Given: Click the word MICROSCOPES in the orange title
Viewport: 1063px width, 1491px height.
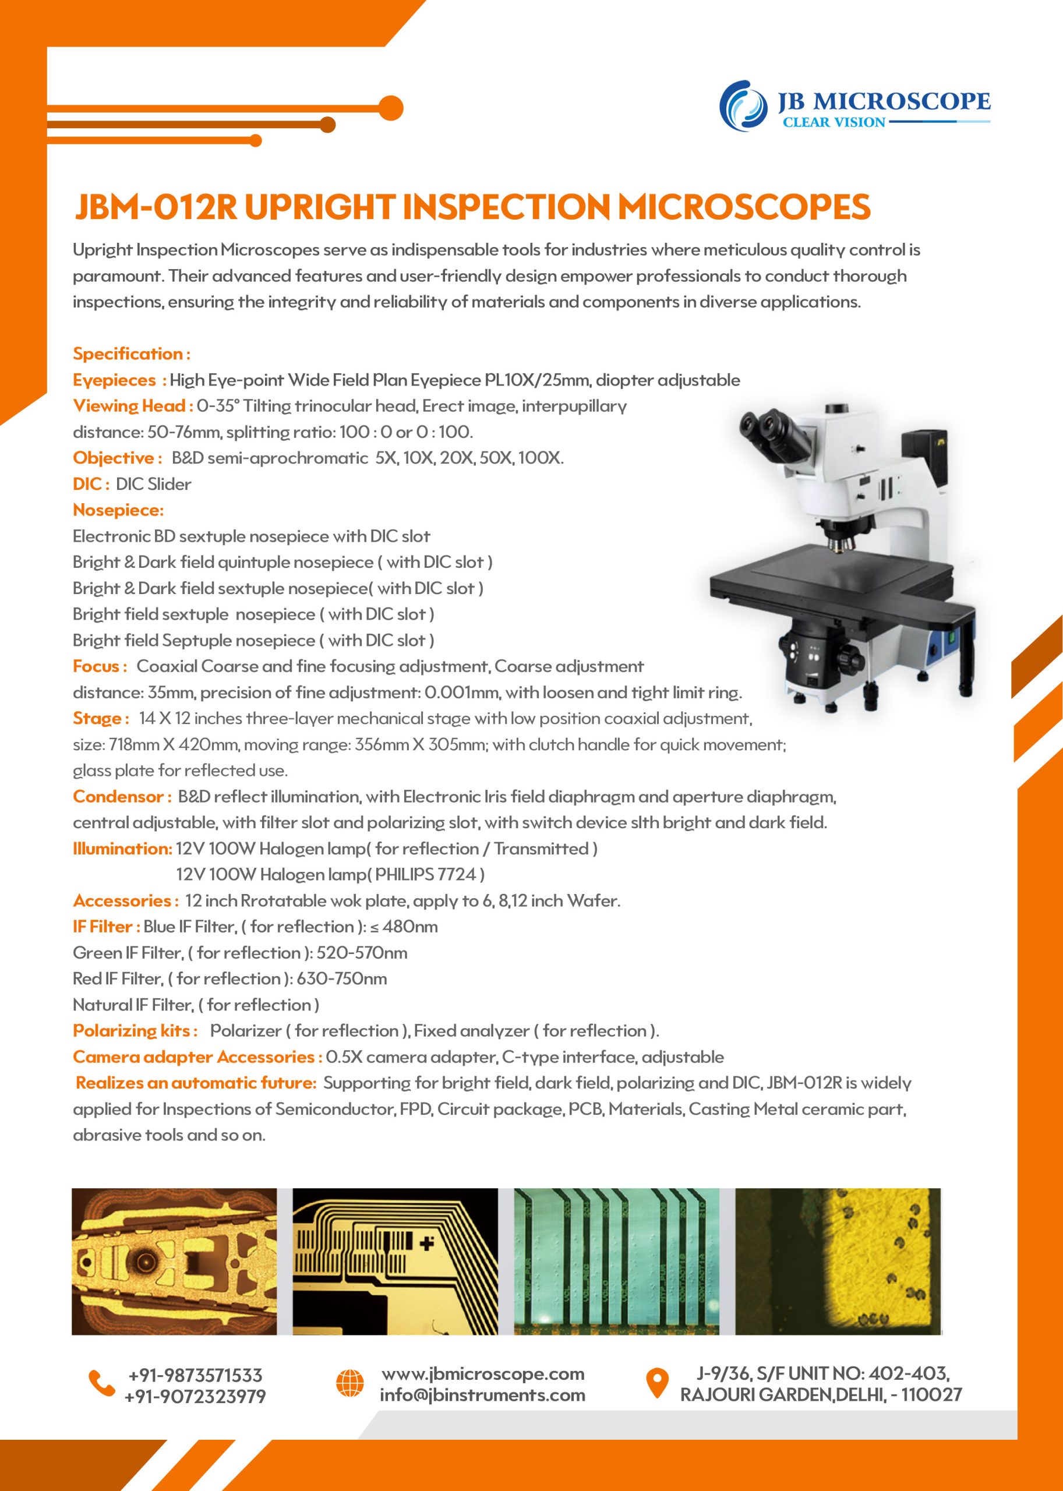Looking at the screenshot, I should click(744, 207).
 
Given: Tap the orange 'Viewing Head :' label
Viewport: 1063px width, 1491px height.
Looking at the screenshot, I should click(133, 407).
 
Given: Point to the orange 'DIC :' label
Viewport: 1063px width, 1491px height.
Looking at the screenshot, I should click(91, 485).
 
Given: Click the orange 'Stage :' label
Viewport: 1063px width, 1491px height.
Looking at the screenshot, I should click(101, 719).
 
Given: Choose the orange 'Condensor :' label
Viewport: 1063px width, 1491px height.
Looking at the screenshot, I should click(122, 797).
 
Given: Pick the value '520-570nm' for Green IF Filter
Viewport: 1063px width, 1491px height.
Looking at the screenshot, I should click(362, 953).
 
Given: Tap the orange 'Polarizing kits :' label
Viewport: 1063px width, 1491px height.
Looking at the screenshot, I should click(135, 1031).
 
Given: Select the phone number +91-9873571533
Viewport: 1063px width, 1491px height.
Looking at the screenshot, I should click(195, 1375).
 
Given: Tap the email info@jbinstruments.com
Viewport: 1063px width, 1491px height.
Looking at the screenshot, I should click(482, 1395).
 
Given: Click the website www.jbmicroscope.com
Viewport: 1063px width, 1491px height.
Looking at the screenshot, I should click(482, 1373).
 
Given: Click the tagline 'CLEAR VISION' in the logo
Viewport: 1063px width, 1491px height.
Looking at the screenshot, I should click(834, 122).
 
